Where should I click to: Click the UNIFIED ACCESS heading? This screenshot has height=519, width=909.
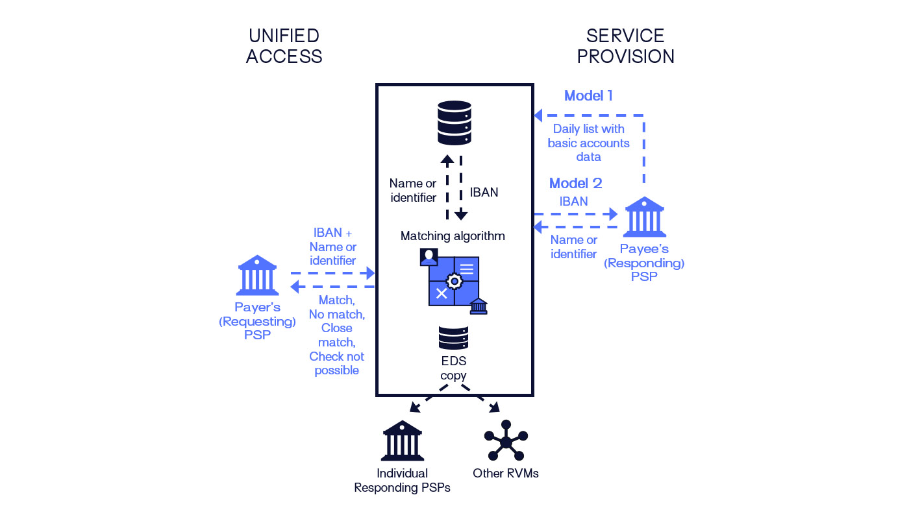284,46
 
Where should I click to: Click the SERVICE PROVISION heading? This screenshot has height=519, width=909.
625,46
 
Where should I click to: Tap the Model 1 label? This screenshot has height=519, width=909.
588,96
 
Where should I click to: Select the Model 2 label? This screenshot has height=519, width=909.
575,183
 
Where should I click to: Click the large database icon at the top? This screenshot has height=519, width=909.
454,123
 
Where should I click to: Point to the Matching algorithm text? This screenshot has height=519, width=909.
453,235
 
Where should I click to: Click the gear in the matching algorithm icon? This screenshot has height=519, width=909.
454,282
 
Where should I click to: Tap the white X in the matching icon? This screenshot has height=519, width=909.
442,293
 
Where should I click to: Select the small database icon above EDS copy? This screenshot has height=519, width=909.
454,337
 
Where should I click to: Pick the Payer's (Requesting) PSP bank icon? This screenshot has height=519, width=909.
258,275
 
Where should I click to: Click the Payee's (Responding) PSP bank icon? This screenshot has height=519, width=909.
644,217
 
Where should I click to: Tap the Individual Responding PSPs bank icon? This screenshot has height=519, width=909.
403,441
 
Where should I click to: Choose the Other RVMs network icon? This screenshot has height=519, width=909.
506,441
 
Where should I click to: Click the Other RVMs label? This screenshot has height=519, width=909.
506,473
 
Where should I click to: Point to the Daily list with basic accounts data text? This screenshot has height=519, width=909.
588,143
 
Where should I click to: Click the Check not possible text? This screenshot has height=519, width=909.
336,363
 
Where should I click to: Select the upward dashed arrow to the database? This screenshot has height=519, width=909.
447,188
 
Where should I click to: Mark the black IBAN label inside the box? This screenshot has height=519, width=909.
483,192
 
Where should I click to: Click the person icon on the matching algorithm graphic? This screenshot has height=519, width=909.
429,256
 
